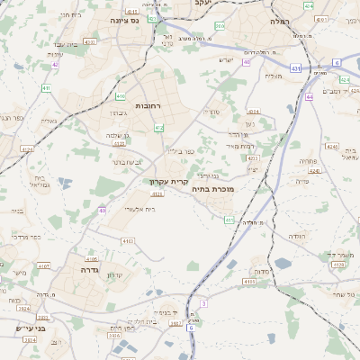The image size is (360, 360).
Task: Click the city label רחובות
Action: point(148,105)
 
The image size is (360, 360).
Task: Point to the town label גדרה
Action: point(89,269)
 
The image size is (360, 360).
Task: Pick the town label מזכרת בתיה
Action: point(239,190)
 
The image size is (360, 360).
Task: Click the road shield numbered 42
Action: point(55,64)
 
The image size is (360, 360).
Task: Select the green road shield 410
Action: point(46,88)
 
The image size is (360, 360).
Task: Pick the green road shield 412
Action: point(158,129)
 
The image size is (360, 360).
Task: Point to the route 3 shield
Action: point(204,304)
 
